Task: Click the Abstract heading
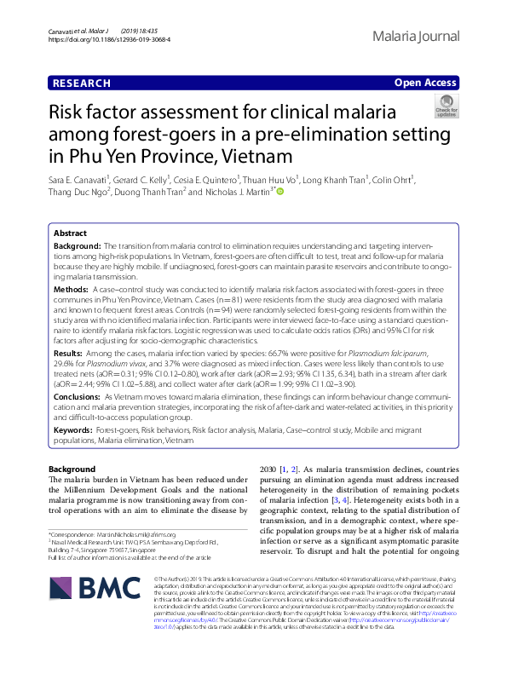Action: pyautogui.click(x=70, y=233)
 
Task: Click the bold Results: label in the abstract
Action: pyautogui.click(x=68, y=352)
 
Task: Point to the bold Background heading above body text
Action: pyautogui.click(x=72, y=469)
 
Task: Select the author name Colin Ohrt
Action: pyautogui.click(x=393, y=180)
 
